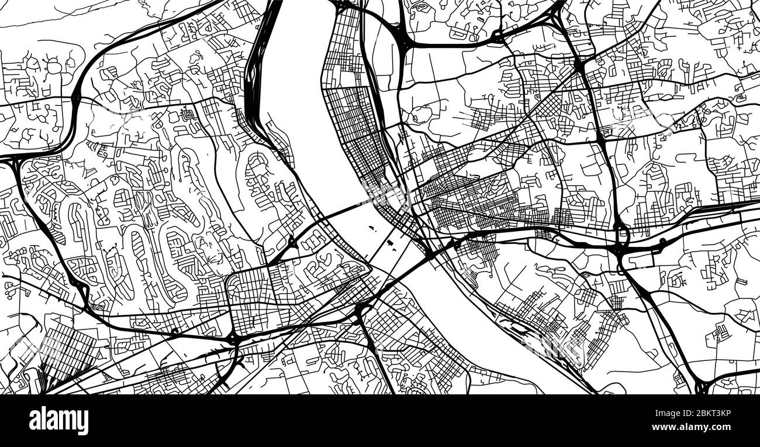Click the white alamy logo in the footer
[x=58, y=420]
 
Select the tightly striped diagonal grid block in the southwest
[x=64, y=351]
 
